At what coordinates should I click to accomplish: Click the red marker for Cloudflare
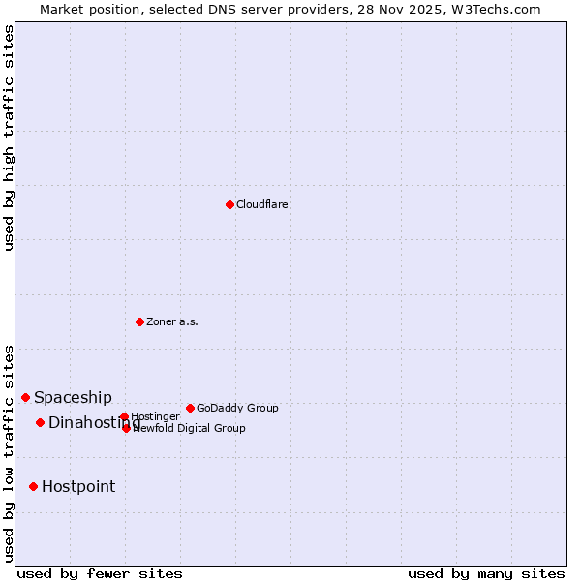[x=229, y=204]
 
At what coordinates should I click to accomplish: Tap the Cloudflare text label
[x=262, y=205]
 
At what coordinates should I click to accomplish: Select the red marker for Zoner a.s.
[x=139, y=321]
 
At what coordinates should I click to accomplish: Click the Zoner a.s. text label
[x=172, y=322]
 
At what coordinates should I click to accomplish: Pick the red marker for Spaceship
[x=25, y=397]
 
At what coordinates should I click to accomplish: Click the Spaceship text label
[x=73, y=398]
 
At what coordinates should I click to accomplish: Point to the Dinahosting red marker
[x=40, y=422]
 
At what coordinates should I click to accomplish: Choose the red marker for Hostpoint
[x=33, y=486]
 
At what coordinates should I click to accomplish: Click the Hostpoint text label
[x=78, y=487]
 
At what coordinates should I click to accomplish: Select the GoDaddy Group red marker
[x=190, y=408]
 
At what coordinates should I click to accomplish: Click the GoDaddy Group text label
[x=237, y=409]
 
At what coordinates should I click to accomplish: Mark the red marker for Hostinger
[x=124, y=416]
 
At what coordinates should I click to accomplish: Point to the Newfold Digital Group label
[x=190, y=429]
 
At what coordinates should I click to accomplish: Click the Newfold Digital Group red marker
[x=126, y=428]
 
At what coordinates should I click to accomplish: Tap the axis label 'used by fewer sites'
[x=100, y=573]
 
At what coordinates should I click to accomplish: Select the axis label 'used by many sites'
[x=486, y=573]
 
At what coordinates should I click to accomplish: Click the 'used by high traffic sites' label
[x=9, y=138]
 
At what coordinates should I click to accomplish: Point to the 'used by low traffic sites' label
[x=9, y=452]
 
